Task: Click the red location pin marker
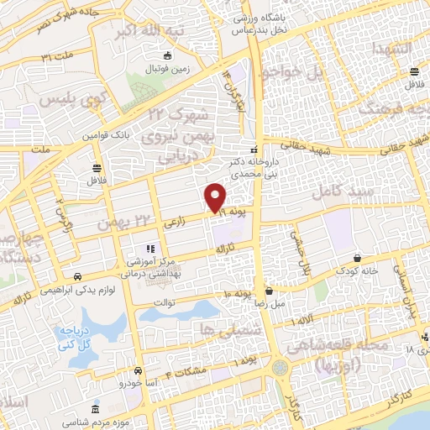[x=216, y=197]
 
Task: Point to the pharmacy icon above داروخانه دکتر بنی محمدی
[x=255, y=149]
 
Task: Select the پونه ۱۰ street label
[x=238, y=293]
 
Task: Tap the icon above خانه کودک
[x=358, y=258]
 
